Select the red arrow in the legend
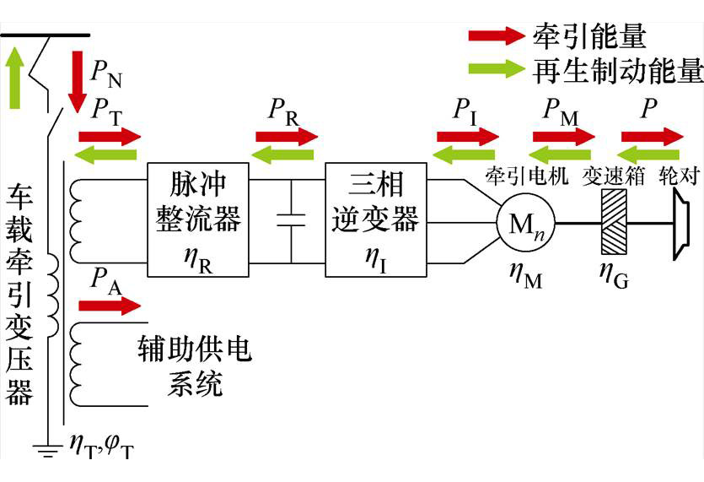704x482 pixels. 497,35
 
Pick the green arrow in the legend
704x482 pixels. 497,69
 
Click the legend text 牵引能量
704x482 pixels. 589,35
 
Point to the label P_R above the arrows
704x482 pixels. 284,111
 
